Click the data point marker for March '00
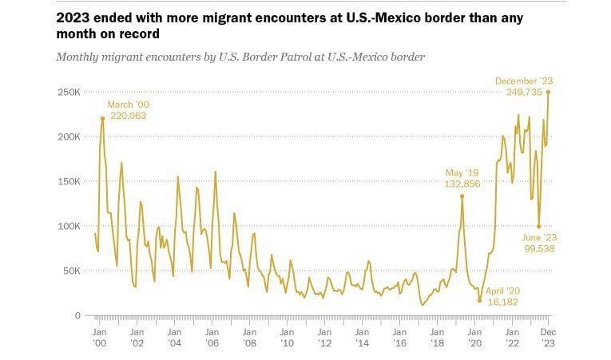pyautogui.click(x=103, y=118)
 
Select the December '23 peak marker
pyautogui.click(x=548, y=92)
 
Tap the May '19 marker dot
pyautogui.click(x=462, y=196)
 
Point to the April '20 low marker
pyautogui.click(x=479, y=301)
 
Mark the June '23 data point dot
pyautogui.click(x=539, y=226)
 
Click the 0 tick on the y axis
pyautogui.click(x=77, y=315)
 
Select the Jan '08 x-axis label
pyautogui.click(x=250, y=337)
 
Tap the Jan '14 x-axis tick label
pyautogui.click(x=363, y=337)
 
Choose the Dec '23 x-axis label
pyautogui.click(x=549, y=337)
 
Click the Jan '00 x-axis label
pyautogui.click(x=100, y=337)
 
